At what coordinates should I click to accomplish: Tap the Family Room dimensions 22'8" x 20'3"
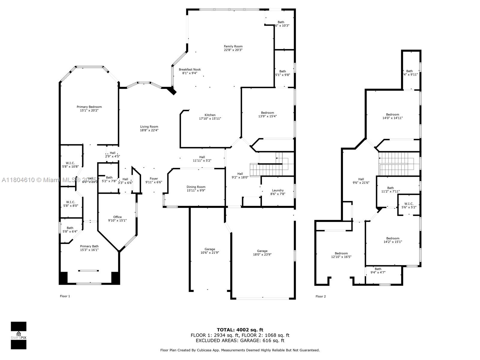(233, 50)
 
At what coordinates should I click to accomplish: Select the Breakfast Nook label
(190, 69)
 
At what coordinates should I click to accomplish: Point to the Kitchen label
(210, 115)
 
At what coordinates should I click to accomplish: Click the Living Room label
(149, 127)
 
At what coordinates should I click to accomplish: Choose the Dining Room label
(196, 187)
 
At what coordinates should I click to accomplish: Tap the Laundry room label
(278, 190)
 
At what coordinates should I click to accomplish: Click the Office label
(117, 217)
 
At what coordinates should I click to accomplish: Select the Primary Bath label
(89, 246)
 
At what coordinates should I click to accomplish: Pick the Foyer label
(154, 178)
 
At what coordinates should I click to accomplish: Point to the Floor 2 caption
(320, 296)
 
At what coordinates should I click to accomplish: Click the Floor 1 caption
(65, 296)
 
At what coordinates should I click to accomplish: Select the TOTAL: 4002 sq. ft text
(240, 330)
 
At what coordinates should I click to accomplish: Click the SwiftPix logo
(19, 335)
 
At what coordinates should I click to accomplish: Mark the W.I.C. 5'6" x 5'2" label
(409, 205)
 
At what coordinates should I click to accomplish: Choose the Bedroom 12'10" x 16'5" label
(341, 255)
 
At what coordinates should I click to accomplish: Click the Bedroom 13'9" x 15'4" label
(267, 114)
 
